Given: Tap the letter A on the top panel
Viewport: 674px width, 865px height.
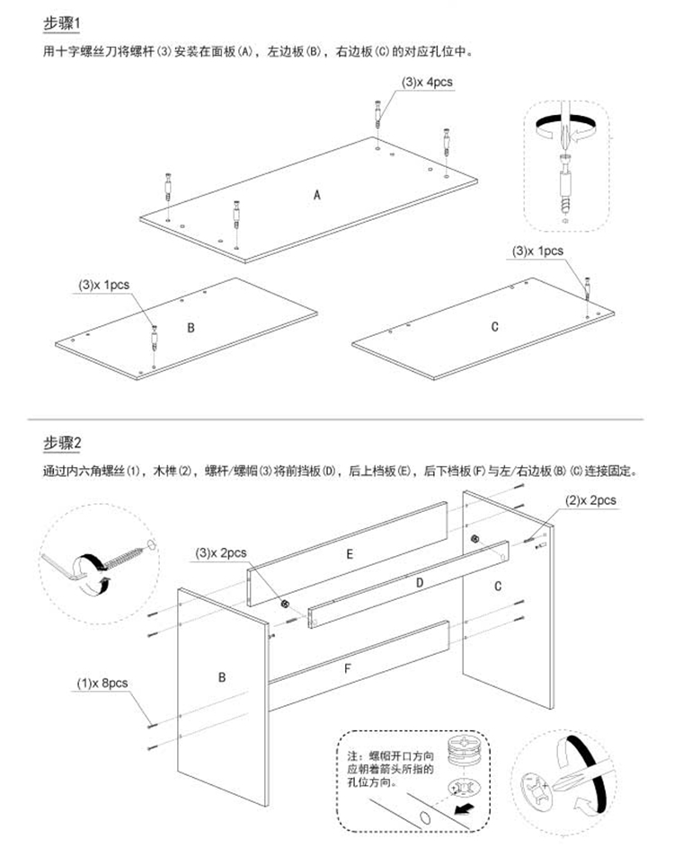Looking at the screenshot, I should [317, 195].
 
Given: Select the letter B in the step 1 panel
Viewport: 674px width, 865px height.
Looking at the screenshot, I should [191, 328].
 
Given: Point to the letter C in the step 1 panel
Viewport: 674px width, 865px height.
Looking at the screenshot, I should [494, 327].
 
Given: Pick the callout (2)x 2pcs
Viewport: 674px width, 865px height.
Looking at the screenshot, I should [590, 499].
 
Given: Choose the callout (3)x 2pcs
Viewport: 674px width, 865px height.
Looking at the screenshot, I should [221, 553].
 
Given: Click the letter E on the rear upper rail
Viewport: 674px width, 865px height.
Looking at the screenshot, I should [350, 554].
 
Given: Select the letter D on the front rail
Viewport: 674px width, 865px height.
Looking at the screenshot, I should [419, 583].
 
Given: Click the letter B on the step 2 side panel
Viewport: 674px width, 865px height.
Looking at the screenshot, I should [222, 676].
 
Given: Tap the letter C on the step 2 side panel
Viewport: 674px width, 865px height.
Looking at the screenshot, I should [497, 587].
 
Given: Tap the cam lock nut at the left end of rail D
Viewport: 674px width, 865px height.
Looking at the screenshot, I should [286, 604].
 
